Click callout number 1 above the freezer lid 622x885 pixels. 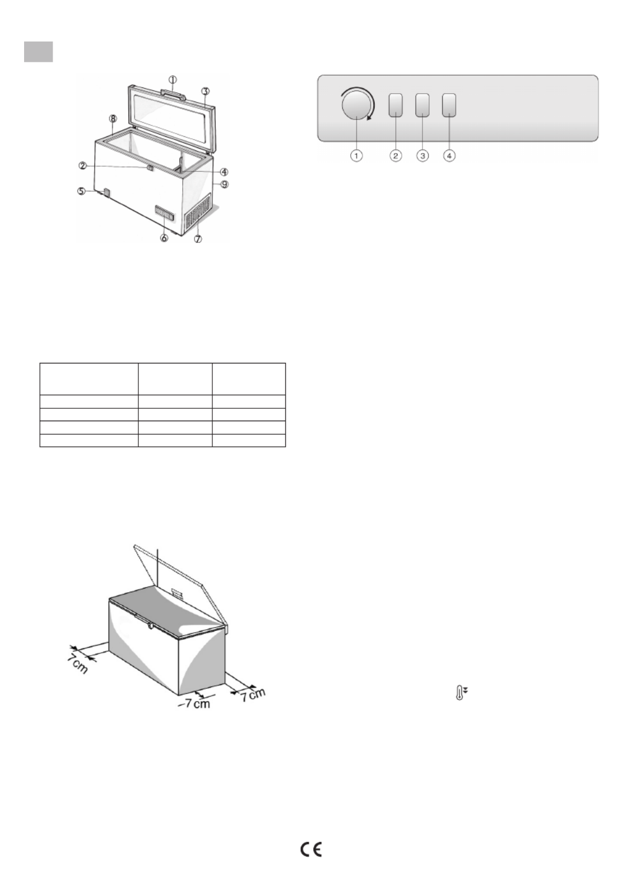(173, 80)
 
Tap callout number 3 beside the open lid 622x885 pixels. (205, 91)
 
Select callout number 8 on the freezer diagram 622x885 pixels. (113, 118)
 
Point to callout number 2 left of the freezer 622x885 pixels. (82, 166)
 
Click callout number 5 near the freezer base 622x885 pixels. (81, 191)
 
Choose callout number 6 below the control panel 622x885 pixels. (164, 238)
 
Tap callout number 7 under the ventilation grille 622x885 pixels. (198, 238)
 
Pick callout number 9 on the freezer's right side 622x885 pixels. (224, 184)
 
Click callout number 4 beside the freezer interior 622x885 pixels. (224, 172)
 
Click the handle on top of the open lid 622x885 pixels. (173, 93)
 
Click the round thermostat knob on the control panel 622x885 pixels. (357, 105)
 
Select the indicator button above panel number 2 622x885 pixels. (396, 105)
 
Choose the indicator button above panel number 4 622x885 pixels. (449, 105)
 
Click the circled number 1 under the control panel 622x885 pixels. (356, 156)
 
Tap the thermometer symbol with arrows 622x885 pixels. (461, 693)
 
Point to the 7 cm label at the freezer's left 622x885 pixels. (77, 663)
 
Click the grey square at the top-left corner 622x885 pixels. (38, 52)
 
